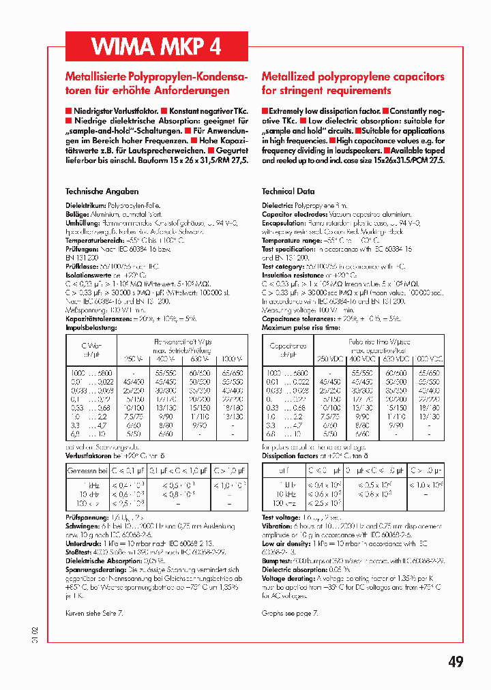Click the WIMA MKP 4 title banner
click(156, 46)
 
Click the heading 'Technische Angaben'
click(102, 192)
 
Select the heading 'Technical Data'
click(288, 192)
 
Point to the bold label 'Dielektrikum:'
click(85, 205)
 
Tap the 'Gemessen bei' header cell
click(87, 470)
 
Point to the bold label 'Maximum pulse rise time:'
click(301, 328)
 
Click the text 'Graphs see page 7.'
click(290, 613)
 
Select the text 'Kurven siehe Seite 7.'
click(94, 613)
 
